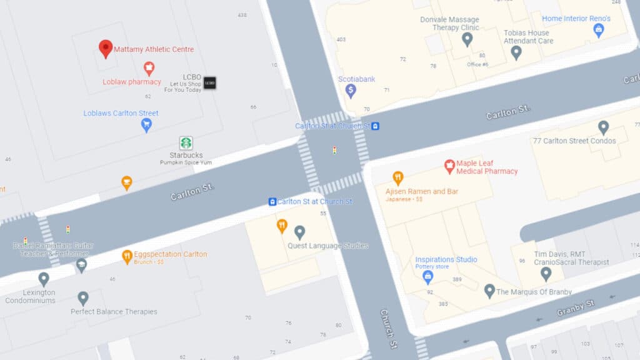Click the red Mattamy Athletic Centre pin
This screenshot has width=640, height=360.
pos(106,48)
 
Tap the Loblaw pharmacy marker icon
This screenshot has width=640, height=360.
pos(149,68)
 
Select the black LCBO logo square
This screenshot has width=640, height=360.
pos(209,82)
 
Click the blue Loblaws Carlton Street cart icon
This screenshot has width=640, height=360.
pos(146,125)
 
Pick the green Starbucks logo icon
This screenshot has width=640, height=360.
pos(186,143)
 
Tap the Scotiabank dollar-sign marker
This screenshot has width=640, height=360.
pos(351,91)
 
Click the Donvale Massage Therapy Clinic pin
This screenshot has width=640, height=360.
pos(467,39)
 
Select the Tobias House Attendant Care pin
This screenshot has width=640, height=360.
pos(516,52)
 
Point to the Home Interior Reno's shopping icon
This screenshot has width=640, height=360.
pos(599,29)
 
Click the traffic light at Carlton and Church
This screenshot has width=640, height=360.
pos(334,151)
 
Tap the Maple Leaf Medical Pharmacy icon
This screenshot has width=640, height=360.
pos(449,166)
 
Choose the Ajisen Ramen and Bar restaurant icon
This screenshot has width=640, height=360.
pos(397,178)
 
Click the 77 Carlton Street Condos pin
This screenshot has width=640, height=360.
pos(603,127)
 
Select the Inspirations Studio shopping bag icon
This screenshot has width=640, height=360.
pos(428,276)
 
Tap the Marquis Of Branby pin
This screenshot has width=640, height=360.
pos(489,291)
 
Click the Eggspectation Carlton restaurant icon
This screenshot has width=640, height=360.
pos(127,255)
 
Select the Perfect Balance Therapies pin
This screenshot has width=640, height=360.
pos(83,298)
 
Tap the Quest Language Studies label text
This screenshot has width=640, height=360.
pos(327,246)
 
